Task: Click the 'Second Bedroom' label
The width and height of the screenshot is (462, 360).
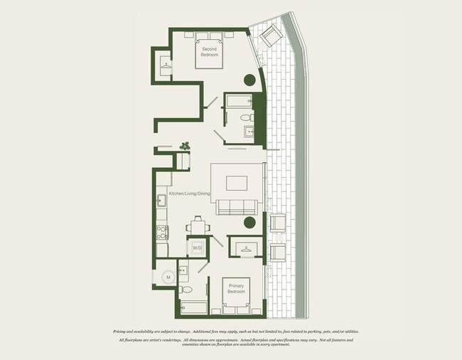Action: (209, 51)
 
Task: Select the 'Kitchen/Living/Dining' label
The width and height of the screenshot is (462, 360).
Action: (186, 194)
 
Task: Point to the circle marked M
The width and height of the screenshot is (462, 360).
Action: (169, 277)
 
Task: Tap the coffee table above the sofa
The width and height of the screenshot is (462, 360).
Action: (237, 182)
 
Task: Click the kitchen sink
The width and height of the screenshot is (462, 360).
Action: (161, 200)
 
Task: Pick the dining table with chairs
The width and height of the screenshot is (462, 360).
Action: (198, 226)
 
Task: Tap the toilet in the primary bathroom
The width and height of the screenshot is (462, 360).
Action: (186, 289)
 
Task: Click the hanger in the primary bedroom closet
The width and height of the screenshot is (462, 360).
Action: (246, 248)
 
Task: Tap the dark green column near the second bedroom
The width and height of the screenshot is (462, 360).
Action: (250, 80)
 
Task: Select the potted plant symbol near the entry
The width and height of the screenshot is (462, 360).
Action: (186, 145)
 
